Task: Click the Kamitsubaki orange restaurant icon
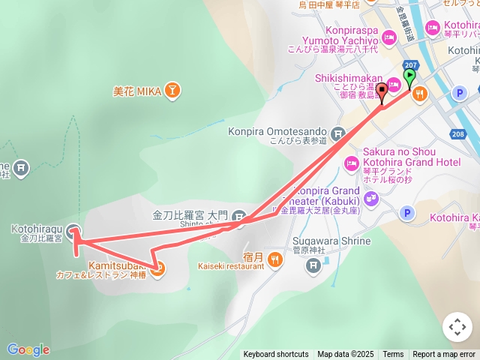(157, 268)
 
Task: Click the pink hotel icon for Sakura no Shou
(350, 163)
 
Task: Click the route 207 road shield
(409, 65)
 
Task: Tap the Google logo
(28, 349)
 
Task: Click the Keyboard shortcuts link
(275, 355)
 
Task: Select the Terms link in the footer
(393, 355)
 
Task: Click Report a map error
(444, 355)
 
